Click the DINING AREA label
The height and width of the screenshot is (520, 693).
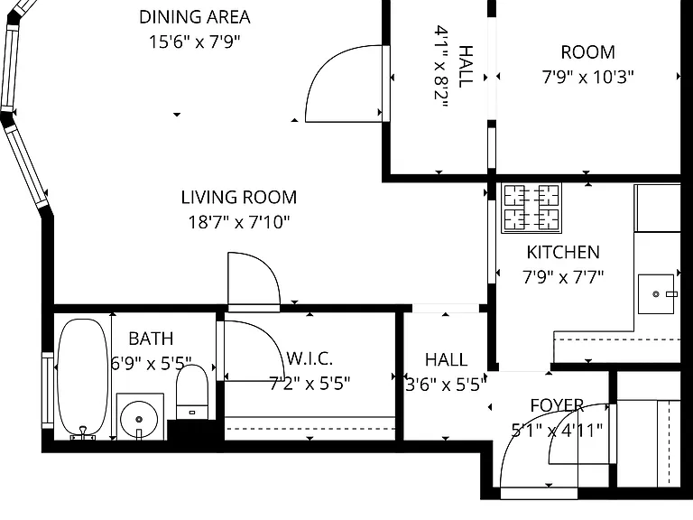(195, 17)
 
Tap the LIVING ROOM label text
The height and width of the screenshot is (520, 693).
(239, 197)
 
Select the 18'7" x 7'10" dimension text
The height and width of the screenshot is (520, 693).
(239, 222)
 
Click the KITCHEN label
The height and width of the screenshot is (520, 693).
(563, 253)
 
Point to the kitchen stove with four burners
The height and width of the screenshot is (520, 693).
(531, 208)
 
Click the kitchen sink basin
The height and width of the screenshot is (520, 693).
(656, 294)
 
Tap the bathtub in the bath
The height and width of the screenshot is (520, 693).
(83, 378)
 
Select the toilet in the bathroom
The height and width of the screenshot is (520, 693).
(192, 392)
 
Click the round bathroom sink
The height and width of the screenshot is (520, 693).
(139, 419)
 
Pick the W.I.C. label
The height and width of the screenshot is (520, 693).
(310, 358)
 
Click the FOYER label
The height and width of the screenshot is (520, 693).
(557, 405)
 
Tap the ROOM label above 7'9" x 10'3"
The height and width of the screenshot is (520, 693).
(587, 52)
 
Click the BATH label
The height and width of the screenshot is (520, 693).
(151, 339)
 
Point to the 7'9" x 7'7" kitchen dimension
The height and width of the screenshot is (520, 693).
(563, 278)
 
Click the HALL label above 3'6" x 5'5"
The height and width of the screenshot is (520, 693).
(446, 360)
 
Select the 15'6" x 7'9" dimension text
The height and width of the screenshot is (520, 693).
(195, 42)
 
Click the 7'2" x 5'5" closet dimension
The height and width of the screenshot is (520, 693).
(310, 384)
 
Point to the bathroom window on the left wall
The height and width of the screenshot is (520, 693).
(48, 390)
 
